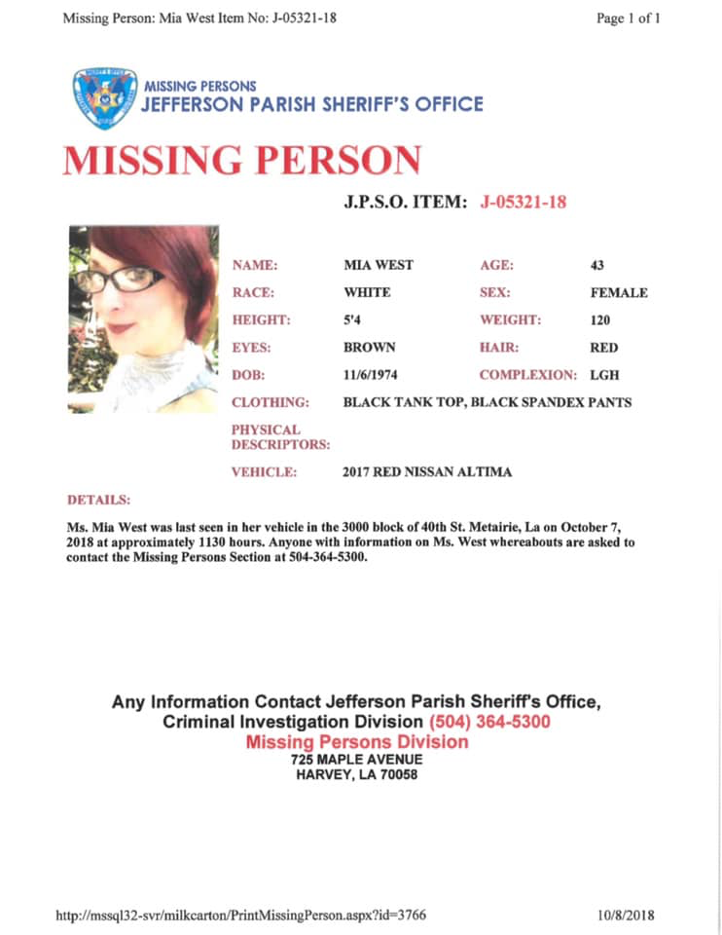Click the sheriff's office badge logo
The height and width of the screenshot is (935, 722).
pos(100,98)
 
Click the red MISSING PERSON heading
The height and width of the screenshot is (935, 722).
pos(242,160)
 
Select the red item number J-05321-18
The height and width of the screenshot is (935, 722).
pos(523,202)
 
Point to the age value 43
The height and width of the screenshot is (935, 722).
pos(597,265)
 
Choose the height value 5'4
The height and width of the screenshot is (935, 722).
pos(353,319)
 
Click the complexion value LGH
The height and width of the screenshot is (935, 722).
pos(603,375)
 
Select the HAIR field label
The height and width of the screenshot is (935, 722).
pos(499,347)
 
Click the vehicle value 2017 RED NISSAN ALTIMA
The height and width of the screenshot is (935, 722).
pos(427,472)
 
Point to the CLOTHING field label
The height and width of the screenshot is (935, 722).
pos(271,402)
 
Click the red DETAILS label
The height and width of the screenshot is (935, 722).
pos(98,500)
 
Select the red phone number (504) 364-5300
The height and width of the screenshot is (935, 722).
pos(489,723)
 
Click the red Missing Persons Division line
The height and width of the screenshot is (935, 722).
pos(356,742)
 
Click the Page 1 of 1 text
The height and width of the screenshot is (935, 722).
pos(629,18)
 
